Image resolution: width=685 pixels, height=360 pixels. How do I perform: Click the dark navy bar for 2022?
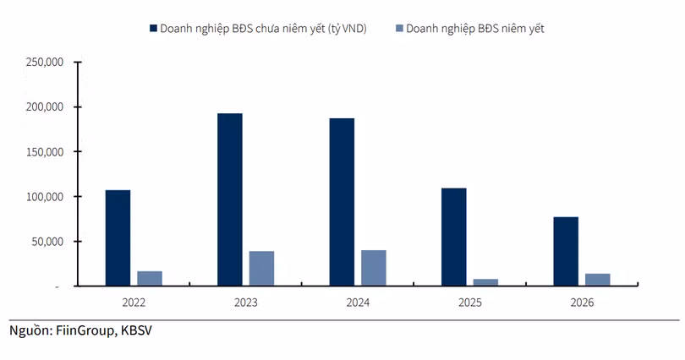pos(118,237)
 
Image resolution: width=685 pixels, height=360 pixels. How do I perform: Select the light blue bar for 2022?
pos(150,278)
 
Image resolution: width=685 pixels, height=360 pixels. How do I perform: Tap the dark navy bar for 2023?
pos(229,199)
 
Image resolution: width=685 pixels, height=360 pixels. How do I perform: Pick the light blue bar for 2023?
pos(261,268)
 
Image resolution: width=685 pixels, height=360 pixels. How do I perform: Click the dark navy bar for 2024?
pos(342,202)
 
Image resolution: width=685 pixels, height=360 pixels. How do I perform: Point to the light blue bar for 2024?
pos(373,268)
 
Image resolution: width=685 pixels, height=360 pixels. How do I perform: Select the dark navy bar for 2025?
pos(453,237)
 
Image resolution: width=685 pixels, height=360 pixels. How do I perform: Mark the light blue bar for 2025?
pos(485,282)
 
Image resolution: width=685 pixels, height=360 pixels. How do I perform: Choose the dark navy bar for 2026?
pos(566,251)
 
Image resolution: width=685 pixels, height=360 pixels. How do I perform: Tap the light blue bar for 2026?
pos(597,280)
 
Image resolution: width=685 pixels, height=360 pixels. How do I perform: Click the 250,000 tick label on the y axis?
pos(45,63)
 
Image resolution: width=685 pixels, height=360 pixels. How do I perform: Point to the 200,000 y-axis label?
pos(45,107)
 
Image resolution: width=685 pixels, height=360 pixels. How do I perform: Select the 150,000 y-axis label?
pos(45,152)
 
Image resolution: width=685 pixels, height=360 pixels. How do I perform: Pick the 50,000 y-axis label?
pos(47,242)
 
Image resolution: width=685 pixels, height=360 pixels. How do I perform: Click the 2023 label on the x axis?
pos(245,303)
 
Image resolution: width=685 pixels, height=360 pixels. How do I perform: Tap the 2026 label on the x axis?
pos(582,303)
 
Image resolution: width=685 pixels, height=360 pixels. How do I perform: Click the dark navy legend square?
pos(153,29)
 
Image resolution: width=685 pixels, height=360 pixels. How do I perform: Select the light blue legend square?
pos(398,29)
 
